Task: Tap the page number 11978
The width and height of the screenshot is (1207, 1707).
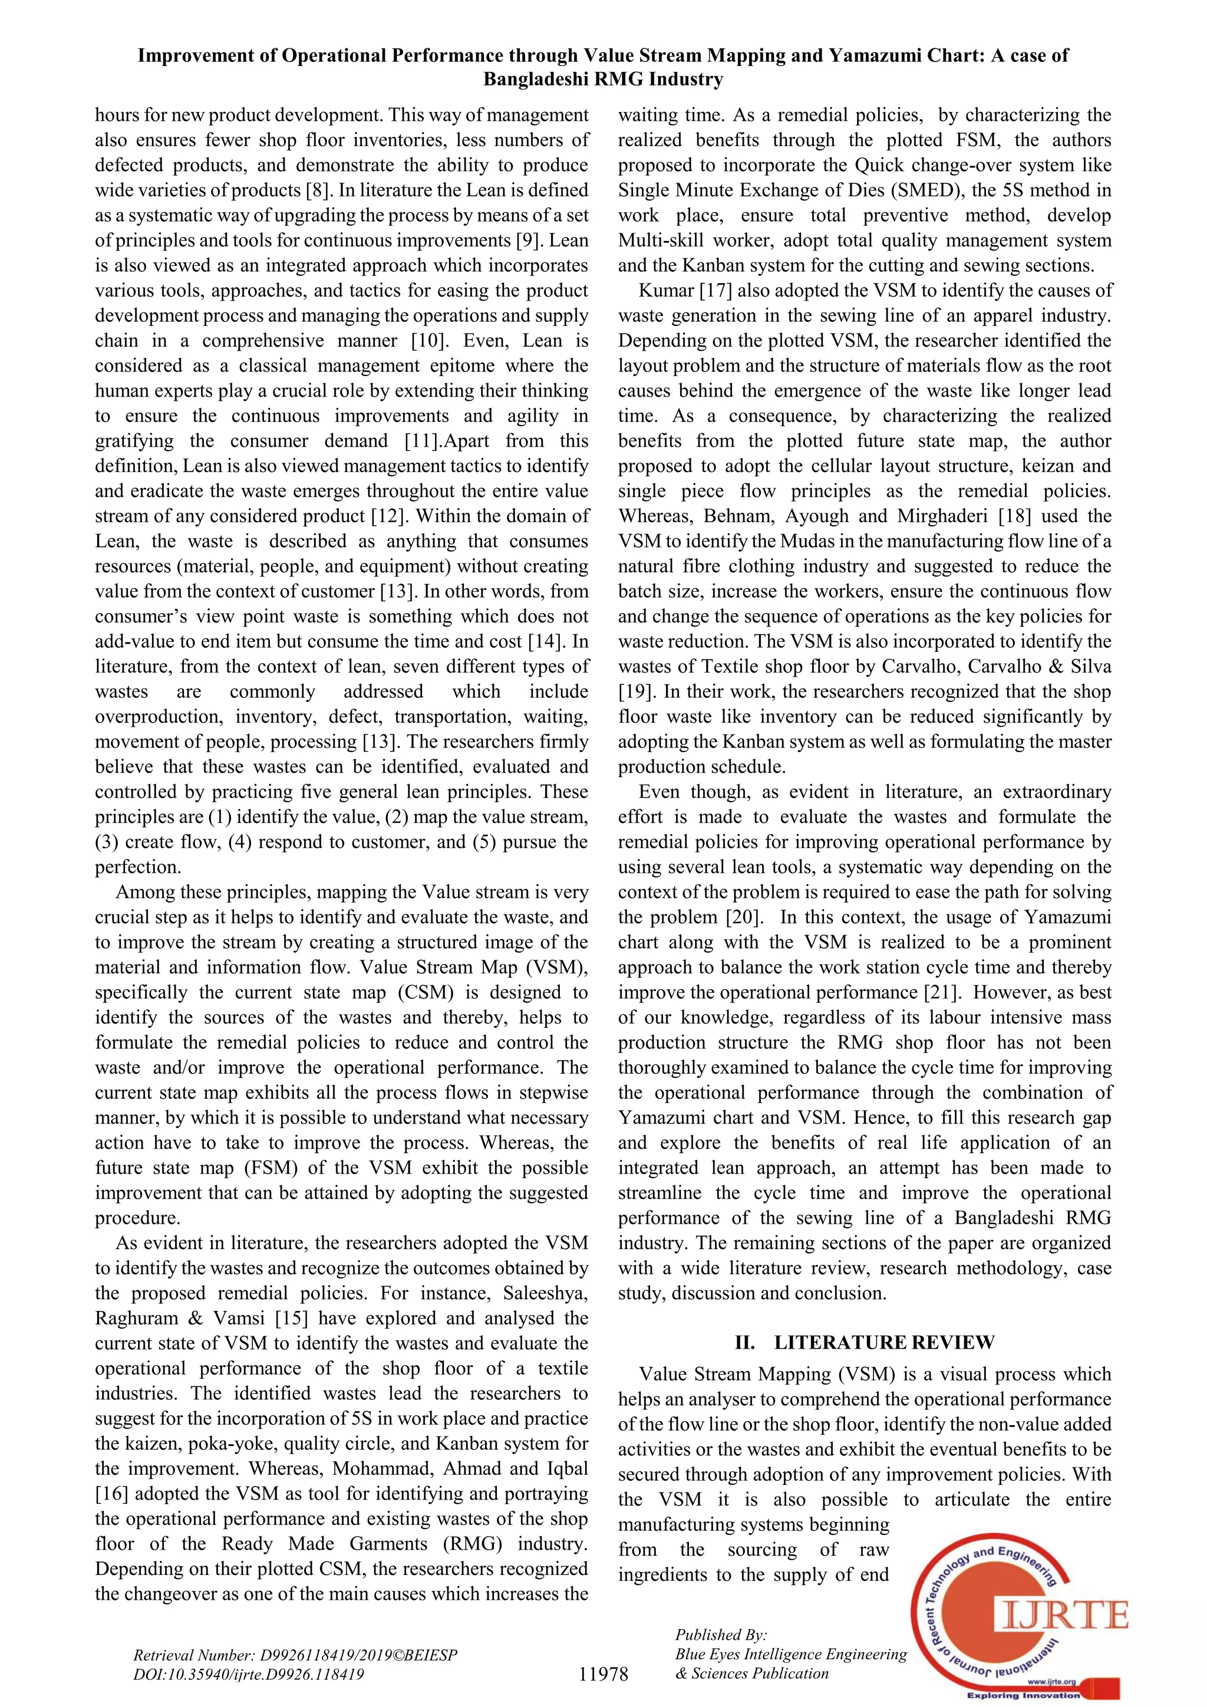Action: pyautogui.click(x=603, y=1673)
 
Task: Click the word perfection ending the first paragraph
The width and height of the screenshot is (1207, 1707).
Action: pyautogui.click(x=137, y=867)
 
